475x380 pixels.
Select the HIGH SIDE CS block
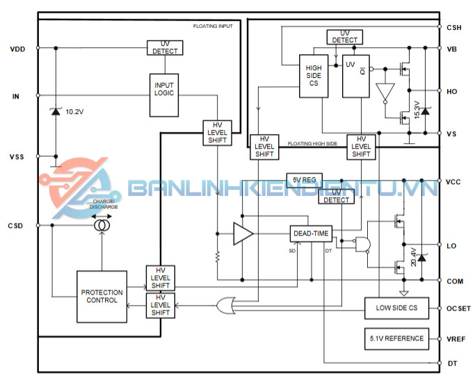[314, 75]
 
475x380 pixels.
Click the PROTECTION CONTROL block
[102, 297]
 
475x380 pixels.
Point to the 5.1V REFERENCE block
[394, 338]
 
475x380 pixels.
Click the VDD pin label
[19, 49]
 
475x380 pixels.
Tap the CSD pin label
[17, 226]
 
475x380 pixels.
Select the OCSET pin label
[457, 308]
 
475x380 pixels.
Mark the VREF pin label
[456, 339]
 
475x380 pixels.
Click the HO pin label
[452, 91]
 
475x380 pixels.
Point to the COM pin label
[455, 281]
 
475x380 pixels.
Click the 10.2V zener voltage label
[75, 111]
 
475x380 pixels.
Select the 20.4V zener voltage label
[414, 257]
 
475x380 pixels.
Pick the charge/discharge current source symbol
[102, 225]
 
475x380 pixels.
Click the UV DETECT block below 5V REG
[336, 197]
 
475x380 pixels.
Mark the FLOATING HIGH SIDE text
[312, 144]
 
